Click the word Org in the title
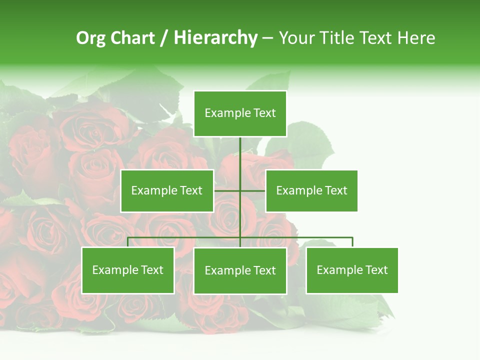pos(90,38)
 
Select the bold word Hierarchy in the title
pos(215,38)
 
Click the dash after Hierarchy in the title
pos(267,38)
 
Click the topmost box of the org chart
pos(240,113)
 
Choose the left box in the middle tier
pos(167,190)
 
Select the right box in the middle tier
pos(311,190)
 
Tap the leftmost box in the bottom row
pos(127,270)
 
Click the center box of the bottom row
pos(240,271)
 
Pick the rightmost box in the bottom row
pos(352,270)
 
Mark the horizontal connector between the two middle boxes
pos(240,190)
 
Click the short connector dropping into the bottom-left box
pos(127,242)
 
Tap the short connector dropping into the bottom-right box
pos(352,242)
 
